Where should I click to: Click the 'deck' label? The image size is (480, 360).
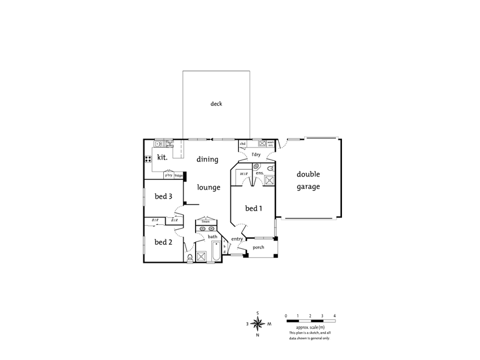pos(216,104)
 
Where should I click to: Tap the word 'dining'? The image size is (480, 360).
pos(207,160)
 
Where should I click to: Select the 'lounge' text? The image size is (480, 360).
pos(209,187)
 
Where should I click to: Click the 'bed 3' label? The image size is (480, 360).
pos(163,196)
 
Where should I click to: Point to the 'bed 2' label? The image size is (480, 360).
pos(163,242)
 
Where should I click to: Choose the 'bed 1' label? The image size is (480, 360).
pos(253,208)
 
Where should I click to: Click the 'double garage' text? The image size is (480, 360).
pos(308,181)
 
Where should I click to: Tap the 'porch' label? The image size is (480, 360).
pos(259,247)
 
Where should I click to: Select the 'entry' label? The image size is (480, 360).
pos(237,239)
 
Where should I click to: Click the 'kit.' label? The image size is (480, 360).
pos(161,157)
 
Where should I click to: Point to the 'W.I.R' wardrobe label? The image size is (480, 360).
pos(244,174)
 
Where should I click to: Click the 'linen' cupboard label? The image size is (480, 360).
pos(205,221)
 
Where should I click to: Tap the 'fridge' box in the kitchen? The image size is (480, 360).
pos(178,175)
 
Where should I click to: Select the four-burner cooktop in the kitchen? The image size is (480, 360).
pos(148,160)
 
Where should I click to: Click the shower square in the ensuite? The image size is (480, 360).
pos(269,180)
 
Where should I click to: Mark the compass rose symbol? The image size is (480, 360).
pos(258,323)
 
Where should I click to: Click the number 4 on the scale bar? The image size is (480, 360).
pos(334,315)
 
